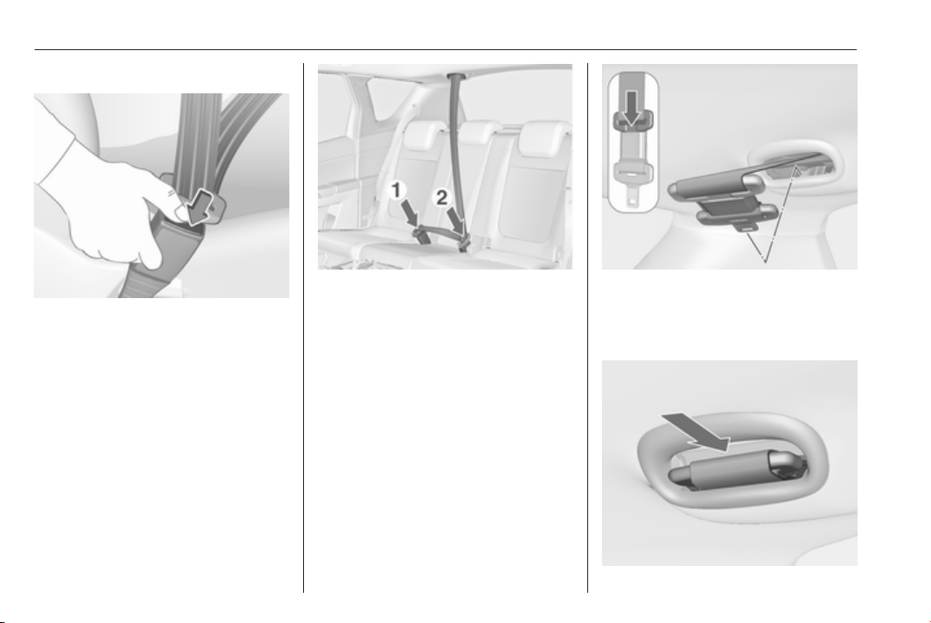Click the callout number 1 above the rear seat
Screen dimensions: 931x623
[398, 190]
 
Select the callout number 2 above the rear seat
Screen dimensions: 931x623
[442, 197]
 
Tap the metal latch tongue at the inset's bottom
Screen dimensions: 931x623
[633, 179]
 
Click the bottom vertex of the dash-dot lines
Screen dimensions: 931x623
[765, 260]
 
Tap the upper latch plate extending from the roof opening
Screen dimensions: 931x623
[719, 183]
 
